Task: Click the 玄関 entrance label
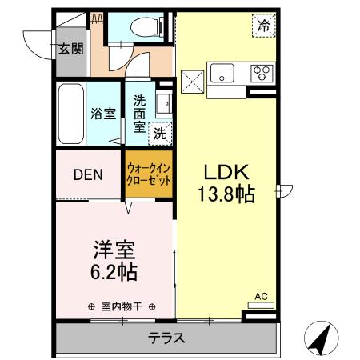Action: [x=70, y=49]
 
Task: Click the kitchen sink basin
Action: [x=222, y=74]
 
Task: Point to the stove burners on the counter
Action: [x=262, y=74]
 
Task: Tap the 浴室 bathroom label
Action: [x=103, y=114]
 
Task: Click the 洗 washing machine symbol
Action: [x=161, y=133]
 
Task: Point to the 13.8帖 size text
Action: [x=226, y=194]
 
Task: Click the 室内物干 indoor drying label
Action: [x=122, y=306]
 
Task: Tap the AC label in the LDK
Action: [x=260, y=297]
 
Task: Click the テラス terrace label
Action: [x=166, y=338]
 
